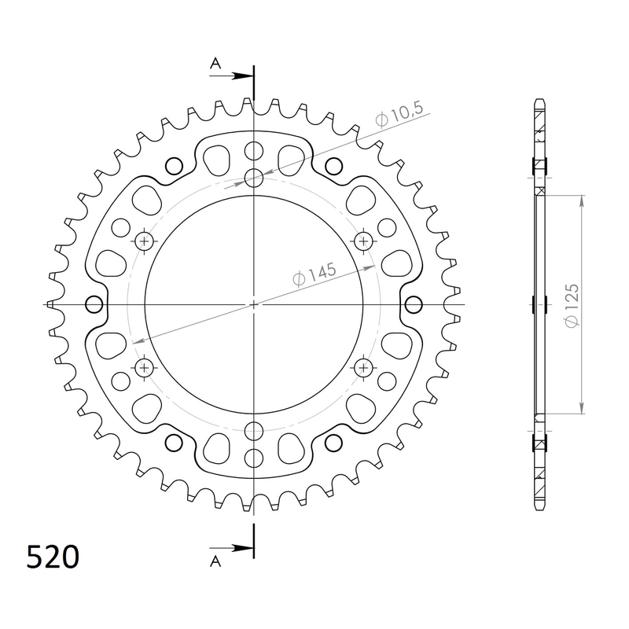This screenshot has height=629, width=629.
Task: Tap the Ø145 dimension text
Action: pos(314,275)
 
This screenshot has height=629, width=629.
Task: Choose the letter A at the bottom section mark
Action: pos(215,560)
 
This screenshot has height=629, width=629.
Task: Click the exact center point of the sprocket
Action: pos(254,303)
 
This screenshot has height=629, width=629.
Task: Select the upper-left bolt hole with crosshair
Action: pos(144,240)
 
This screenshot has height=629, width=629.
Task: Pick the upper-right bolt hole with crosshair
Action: pos(364,240)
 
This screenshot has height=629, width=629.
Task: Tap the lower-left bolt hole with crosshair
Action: pos(144,366)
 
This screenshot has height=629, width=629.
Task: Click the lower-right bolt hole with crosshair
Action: pos(364,366)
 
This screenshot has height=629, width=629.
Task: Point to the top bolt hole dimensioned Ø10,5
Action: pos(254,178)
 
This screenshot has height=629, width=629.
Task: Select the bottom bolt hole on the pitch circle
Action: pos(254,429)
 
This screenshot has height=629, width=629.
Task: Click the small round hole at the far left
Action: pos(94,304)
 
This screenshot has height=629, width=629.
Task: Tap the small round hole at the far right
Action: pos(414,304)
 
